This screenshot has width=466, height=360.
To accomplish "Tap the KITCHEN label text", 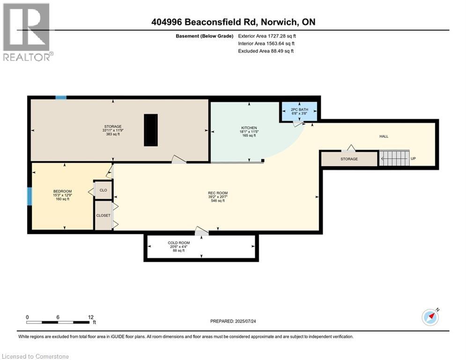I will coord(249,128).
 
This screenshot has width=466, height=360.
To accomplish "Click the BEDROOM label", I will coord(62,191).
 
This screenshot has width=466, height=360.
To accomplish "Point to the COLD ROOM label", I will coord(179,243).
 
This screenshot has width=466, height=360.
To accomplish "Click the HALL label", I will coord(384,136).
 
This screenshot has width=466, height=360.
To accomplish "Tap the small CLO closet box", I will coord(103,190).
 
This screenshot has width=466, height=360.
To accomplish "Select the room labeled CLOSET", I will coord(103,215).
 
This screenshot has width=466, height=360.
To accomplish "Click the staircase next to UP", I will coord(394,158).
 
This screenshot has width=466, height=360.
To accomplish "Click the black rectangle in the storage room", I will coord(150,129).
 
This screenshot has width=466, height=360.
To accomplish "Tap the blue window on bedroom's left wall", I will coord(30,196).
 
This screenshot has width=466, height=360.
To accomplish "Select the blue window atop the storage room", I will coord(60,97).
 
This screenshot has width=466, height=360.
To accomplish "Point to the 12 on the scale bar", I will coord(90,317).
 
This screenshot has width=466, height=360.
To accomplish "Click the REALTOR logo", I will coord(27,32).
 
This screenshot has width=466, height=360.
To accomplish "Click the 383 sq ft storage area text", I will coord(113,134).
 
